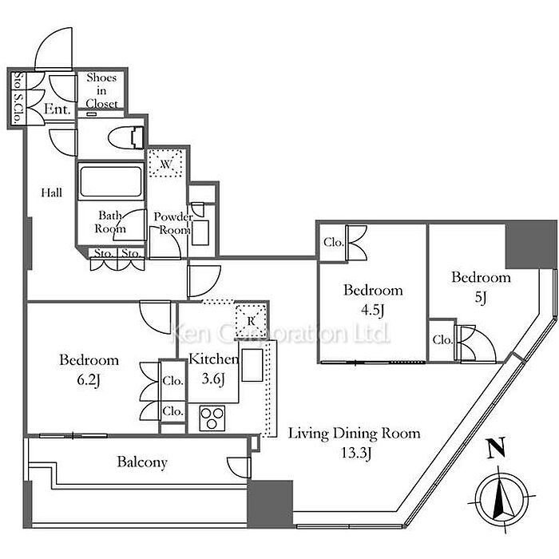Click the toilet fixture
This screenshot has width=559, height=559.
[x=126, y=137]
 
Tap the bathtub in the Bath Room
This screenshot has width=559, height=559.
[x=111, y=181]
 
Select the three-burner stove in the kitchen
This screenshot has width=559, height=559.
[x=212, y=418]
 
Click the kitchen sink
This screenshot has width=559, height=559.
[x=252, y=365]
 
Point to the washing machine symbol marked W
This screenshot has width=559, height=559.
[x=166, y=164]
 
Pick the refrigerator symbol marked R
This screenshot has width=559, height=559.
[x=251, y=321]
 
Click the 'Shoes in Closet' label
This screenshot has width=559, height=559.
[x=101, y=90]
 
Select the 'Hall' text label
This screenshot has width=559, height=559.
[x=52, y=193]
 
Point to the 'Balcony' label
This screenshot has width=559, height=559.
[x=142, y=462]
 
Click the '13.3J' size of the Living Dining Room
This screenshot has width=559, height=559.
[x=356, y=453]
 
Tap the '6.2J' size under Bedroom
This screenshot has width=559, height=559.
[x=89, y=380]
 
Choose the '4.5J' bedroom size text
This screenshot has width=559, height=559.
[x=373, y=310]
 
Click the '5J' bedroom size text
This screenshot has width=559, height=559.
[x=481, y=297]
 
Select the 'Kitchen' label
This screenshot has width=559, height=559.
[x=213, y=359]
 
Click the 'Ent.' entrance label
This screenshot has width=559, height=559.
[x=57, y=109]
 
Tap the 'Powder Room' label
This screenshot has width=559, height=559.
[x=173, y=223]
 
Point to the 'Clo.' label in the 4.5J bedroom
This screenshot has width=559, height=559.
[x=333, y=242]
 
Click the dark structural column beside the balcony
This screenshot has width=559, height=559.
[x=270, y=504]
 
